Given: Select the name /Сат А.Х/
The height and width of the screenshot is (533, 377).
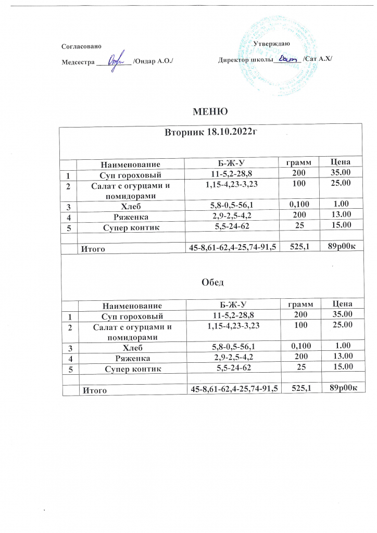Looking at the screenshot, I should point(317,61).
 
